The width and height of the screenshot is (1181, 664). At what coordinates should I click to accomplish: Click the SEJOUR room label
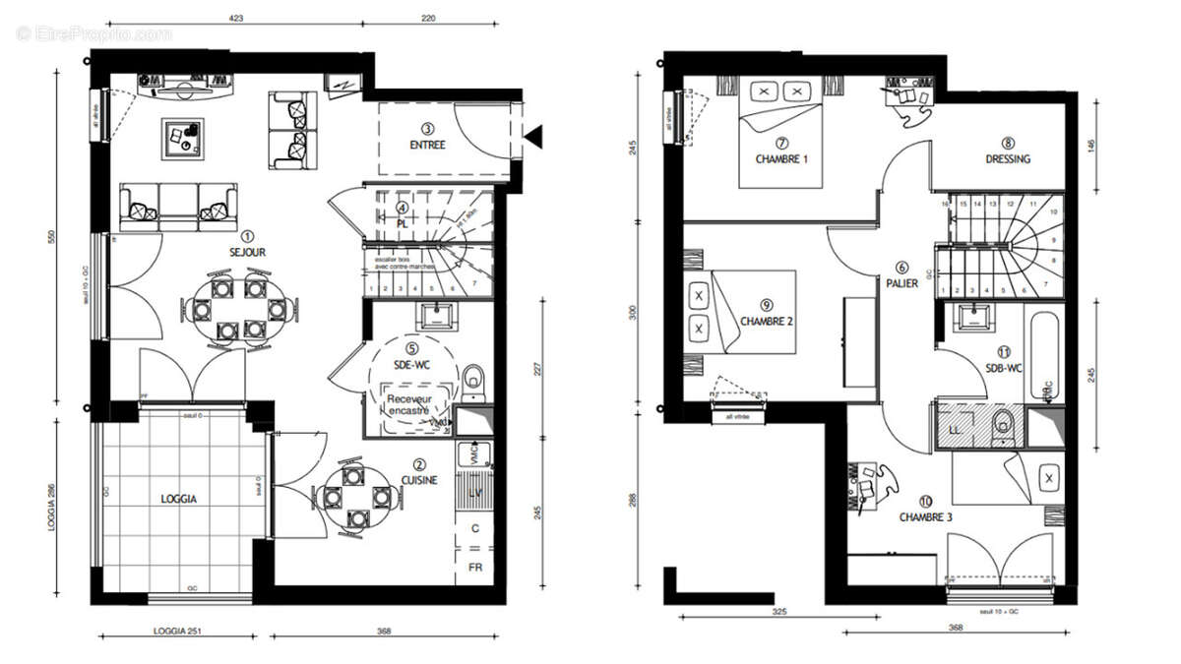click(x=247, y=252)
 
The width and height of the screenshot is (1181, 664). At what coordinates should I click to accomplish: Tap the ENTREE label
click(x=427, y=145)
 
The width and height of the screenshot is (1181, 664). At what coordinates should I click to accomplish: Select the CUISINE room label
click(x=419, y=479)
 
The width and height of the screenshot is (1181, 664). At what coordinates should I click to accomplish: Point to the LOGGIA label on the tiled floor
click(x=179, y=499)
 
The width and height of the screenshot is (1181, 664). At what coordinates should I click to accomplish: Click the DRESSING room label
click(x=1008, y=158)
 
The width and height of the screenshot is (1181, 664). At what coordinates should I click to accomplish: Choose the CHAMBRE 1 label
click(x=781, y=157)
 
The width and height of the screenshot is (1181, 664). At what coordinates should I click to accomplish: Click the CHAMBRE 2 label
click(x=767, y=320)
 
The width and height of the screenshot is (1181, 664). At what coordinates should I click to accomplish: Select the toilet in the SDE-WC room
click(x=474, y=377)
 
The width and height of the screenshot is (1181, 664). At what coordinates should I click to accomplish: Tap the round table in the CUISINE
click(x=354, y=495)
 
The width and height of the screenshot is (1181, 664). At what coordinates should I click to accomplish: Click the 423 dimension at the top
click(x=234, y=18)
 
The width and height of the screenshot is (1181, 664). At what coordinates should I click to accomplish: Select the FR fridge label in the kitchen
click(x=475, y=568)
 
